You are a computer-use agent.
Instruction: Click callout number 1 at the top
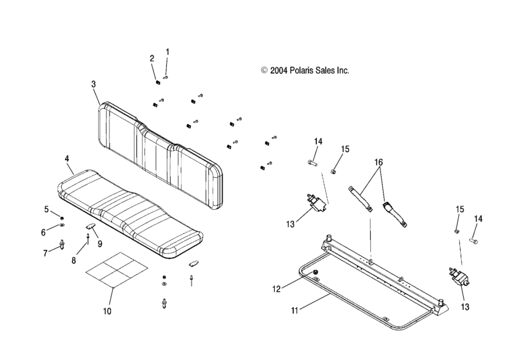pos(168,52)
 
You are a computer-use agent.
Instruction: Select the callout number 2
pos(152,59)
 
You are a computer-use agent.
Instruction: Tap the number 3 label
pos(94,84)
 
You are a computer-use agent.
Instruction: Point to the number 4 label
pos(67,159)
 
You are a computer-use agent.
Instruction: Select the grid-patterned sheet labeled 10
pos(116,269)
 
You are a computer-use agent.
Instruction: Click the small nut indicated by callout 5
pos(62,218)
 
